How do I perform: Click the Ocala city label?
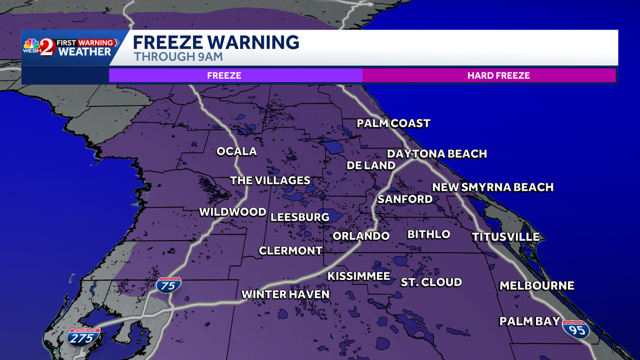coord(236,151)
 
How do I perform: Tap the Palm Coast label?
coord(393,124)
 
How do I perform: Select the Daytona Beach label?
coord(437,154)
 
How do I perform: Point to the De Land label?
coord(371,165)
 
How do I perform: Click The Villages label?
coord(270,180)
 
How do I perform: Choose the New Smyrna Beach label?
coord(492,187)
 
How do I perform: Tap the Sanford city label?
coord(405,199)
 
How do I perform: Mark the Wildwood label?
coord(233,212)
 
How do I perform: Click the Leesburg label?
coord(300,217)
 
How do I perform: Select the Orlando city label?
coord(361,236)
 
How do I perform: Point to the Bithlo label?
coord(429,235)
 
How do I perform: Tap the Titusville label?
coord(505,237)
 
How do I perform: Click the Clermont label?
coord(291,251)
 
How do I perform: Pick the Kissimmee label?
coord(359,276)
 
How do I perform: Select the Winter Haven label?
coord(285,294)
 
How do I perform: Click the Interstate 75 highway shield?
coord(169,285)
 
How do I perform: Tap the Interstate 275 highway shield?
coord(84,338)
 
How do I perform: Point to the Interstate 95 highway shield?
coord(576,329)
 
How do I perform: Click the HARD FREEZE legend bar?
coord(489,76)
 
